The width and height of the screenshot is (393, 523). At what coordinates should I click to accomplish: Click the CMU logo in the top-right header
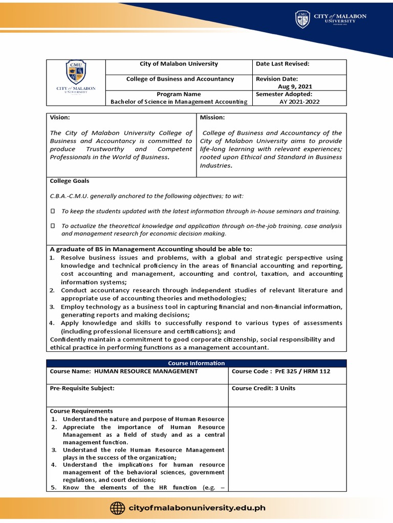pos(302,19)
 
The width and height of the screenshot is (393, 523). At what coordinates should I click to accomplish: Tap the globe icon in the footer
pos(117,508)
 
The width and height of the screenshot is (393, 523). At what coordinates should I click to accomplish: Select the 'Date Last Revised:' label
pos(282,64)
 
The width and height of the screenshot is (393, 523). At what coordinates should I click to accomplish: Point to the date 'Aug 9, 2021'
pos(298,87)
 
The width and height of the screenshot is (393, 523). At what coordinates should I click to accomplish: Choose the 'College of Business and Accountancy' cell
pos(180,79)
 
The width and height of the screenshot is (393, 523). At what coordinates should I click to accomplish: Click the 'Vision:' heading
pos(59,117)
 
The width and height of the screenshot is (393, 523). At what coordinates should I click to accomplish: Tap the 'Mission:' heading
pos(212,117)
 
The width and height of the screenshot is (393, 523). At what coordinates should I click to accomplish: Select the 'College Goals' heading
pos(69,181)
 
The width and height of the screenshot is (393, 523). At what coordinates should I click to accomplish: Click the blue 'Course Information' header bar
pos(196,363)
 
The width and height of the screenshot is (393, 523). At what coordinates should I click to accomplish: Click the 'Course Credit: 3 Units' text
pos(264,388)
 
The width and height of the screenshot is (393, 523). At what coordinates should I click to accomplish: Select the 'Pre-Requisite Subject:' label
pos(82,388)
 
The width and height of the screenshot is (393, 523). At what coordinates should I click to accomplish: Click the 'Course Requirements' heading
pos(81,411)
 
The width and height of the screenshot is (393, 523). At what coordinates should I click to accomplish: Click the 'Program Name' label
pos(179,94)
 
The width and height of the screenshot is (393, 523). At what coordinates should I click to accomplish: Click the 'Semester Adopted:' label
pos(283,94)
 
